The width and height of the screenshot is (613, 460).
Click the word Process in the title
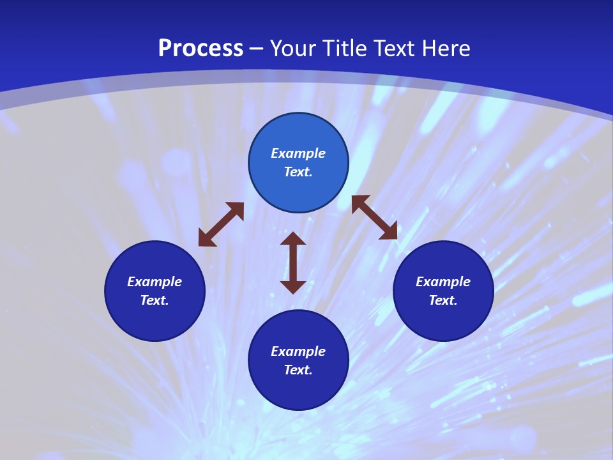tap(201, 49)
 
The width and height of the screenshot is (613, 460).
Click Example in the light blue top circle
tap(298, 153)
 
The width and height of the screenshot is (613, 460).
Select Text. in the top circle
tap(298, 172)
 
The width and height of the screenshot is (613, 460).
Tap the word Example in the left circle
tap(155, 282)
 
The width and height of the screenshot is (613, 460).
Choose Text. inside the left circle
tap(155, 300)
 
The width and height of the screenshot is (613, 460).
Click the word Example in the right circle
tap(443, 282)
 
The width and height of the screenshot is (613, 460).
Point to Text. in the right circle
tap(443, 300)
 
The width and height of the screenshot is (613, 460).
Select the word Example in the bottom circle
tap(298, 351)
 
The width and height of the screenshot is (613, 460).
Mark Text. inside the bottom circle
tap(298, 370)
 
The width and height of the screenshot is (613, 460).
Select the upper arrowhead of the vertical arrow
tap(293, 239)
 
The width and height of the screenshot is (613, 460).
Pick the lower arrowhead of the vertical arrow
tap(293, 286)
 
